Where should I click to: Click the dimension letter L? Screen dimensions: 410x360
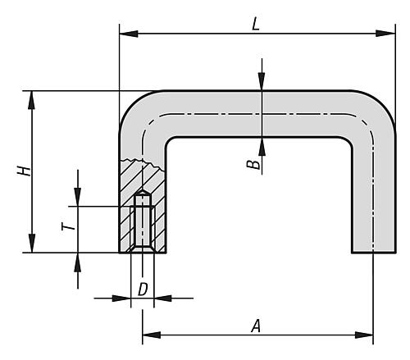255,25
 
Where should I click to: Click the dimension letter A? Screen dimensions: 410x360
256,326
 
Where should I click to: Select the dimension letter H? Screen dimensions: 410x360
24,171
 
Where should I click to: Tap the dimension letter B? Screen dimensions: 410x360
253,165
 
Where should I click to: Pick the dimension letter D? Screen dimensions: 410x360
143,289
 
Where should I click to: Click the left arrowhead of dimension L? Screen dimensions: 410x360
129,34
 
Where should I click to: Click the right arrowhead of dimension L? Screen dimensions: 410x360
385,34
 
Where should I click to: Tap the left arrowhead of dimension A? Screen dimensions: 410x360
152,335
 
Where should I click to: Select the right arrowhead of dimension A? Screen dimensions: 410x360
364,335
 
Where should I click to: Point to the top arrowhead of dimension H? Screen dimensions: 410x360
32,100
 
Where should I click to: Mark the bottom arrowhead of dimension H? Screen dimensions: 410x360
32,244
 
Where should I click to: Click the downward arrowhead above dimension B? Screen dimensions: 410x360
262,81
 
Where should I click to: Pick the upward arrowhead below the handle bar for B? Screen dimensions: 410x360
262,147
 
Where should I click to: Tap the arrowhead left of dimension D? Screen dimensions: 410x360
121,298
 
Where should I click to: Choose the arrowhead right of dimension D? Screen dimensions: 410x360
163,298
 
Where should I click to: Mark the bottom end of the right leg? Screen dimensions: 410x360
374,252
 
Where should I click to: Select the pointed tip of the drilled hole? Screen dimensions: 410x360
143,189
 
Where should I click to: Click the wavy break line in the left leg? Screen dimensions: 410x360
143,163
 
